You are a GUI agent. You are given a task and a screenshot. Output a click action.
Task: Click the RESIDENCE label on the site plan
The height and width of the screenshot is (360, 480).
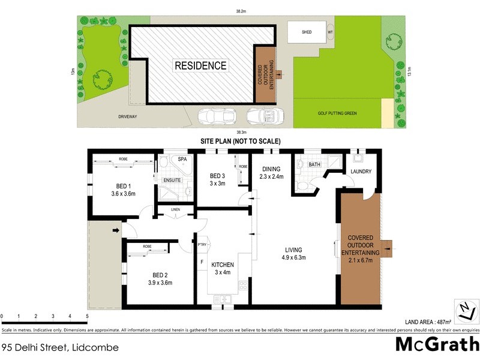(200, 65)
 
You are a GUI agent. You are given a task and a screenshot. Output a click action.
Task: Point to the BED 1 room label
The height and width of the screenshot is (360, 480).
(123, 190)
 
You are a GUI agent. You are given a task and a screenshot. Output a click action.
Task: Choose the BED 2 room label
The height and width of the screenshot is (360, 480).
(160, 278)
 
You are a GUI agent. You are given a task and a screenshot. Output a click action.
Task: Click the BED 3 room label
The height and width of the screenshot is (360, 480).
(217, 179)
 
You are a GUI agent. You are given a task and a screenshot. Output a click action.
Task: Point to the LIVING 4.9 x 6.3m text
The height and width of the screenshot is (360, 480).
(294, 254)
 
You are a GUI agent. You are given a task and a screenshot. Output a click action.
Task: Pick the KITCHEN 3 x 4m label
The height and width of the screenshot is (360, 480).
(222, 269)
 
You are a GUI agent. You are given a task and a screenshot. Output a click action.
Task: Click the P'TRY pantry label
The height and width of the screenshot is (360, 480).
(202, 244)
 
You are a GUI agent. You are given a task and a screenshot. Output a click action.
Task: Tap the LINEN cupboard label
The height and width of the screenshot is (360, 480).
(175, 209)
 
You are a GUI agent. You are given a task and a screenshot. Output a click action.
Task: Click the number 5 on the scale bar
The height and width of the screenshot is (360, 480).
(87, 316)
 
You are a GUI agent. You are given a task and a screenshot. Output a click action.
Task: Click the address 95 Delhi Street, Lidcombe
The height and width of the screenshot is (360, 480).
(60, 347)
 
